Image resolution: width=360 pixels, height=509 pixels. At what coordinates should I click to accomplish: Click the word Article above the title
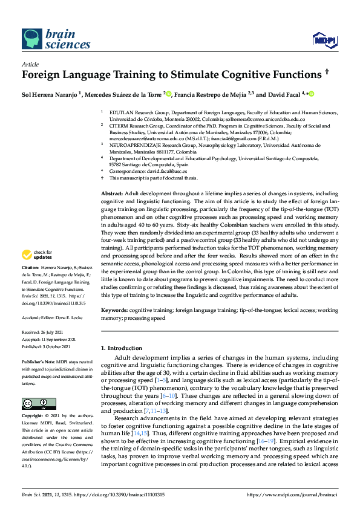(30, 64)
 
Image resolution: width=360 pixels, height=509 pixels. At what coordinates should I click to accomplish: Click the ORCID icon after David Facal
(312, 94)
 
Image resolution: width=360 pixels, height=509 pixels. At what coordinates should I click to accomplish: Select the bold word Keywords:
(114, 310)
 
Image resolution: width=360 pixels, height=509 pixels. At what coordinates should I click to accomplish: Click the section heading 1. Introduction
(122, 348)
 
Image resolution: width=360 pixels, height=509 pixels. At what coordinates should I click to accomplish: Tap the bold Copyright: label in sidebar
(33, 417)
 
